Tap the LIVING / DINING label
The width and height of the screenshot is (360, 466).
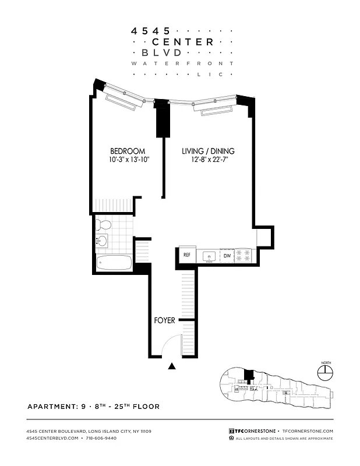coord(208,151)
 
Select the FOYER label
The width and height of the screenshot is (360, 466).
coord(165,320)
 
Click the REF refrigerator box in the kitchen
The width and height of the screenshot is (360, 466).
coord(187,255)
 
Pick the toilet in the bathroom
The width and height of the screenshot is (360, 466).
coord(105,225)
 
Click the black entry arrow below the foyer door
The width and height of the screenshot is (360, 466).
coord(172,366)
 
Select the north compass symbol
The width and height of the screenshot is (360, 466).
coord(324,371)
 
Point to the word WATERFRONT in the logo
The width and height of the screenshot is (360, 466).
coord(182,63)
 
